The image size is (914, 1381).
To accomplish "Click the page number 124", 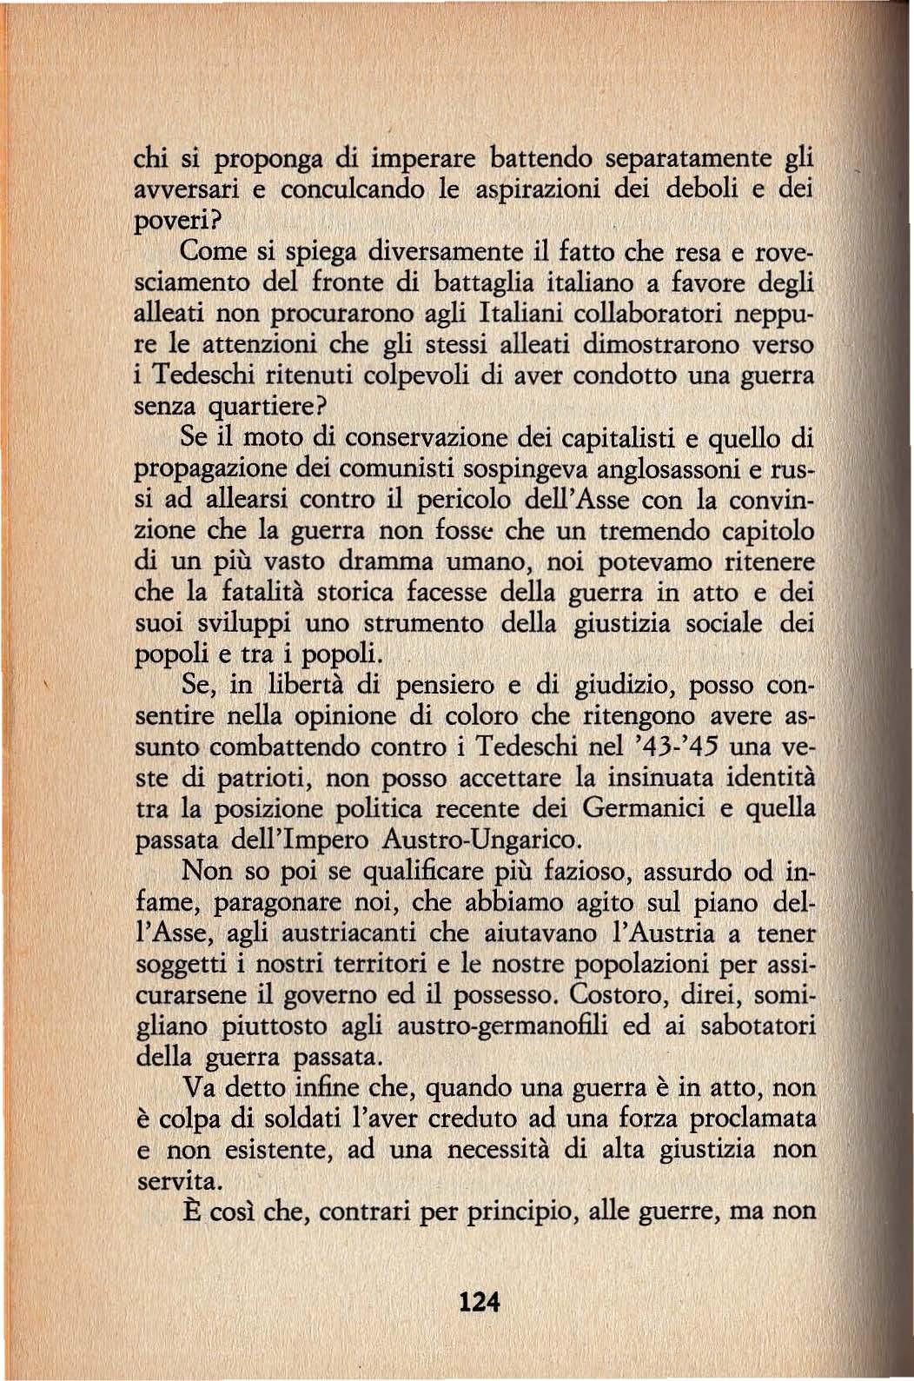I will tap(479, 1303).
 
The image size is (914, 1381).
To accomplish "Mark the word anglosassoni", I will tap(652, 468).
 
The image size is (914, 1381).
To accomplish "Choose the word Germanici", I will tap(643, 809).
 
